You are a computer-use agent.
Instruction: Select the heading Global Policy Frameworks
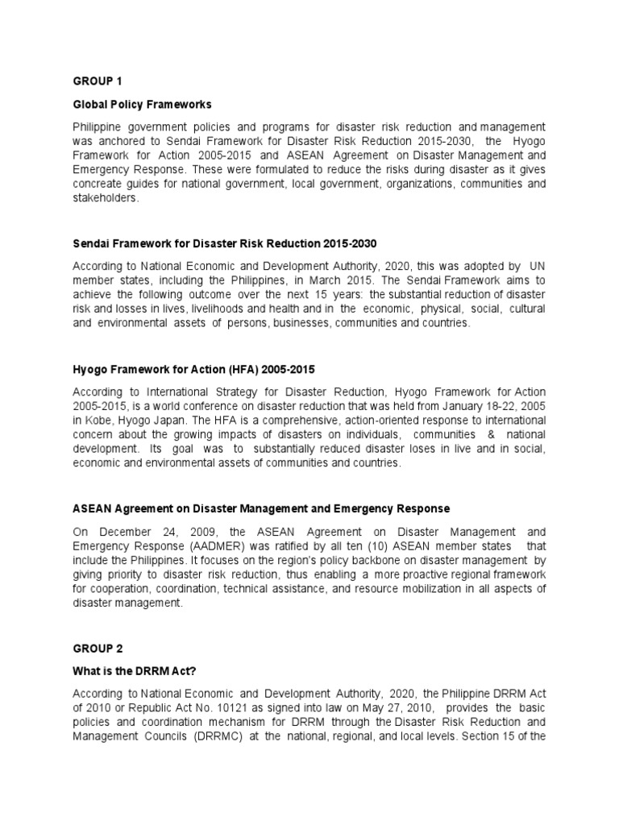pos(143,105)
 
